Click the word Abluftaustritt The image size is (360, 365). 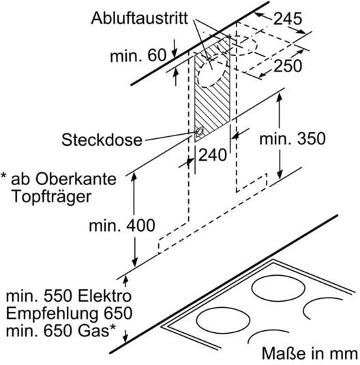[139, 18]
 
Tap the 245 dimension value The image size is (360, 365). [288, 18]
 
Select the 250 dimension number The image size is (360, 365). [288, 66]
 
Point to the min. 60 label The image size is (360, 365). [138, 56]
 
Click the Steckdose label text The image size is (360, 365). [102, 140]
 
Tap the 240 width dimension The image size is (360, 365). [212, 155]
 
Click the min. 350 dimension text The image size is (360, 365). [292, 139]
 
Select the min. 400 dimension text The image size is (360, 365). [122, 225]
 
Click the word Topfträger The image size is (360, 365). [51, 197]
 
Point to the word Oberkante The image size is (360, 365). [76, 179]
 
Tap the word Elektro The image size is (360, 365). [104, 296]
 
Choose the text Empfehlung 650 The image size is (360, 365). [69, 313]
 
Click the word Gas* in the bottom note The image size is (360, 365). [97, 330]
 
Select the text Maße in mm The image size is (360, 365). [310, 354]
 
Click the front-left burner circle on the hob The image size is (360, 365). [223, 320]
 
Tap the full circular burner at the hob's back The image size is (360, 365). [278, 288]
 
